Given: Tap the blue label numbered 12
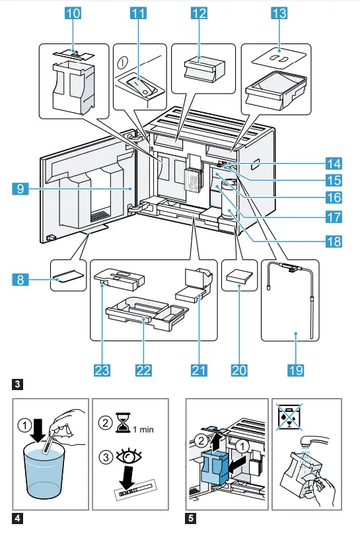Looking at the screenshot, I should click(x=198, y=13).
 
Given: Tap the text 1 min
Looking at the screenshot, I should click(x=144, y=429).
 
